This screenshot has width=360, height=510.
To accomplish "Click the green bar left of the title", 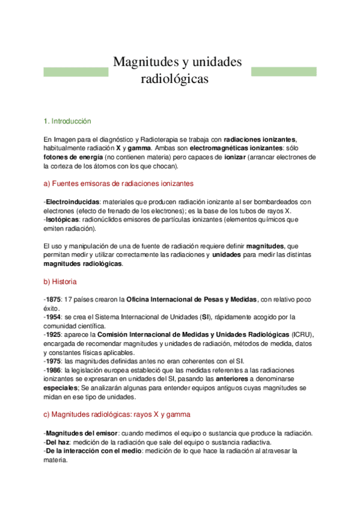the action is tap(76, 72).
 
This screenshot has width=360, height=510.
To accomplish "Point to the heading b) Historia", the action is tap(60, 281).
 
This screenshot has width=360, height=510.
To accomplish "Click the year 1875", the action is tap(53, 299).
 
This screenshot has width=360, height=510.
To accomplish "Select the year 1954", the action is tap(53, 317).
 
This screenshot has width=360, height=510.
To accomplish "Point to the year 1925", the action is tap(53, 334).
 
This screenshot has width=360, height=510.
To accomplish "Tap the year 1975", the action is tap(53, 361).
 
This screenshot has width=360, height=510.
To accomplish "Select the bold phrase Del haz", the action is tap(58, 441).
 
